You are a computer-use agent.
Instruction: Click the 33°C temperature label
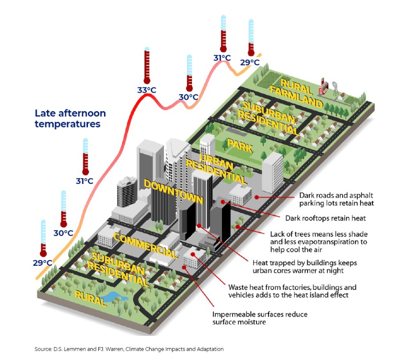pos(147,90)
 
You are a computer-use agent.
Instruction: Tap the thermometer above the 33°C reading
pos(147,67)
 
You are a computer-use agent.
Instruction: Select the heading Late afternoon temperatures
pos(68,118)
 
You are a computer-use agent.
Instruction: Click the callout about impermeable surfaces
pos(260,318)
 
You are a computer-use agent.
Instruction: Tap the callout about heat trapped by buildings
pos(304,266)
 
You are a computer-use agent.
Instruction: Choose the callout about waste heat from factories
pos(292,291)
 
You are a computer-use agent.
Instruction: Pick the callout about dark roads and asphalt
pos(336,199)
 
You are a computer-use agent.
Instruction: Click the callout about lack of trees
pos(319,242)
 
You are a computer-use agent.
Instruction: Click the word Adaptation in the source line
pos(208,349)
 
